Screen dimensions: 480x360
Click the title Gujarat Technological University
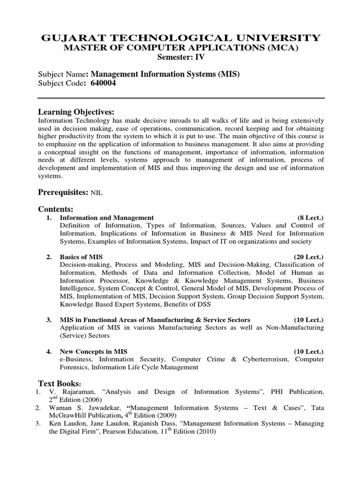(180, 37)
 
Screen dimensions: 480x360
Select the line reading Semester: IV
(180, 58)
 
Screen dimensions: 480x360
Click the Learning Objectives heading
(76, 112)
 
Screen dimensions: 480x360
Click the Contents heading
(55, 209)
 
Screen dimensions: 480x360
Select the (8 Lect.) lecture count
(310, 217)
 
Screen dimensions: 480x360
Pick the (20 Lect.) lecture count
(308, 257)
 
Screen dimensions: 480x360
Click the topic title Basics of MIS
(81, 257)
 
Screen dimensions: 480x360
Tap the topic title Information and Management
(106, 217)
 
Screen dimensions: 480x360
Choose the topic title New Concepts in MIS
(93, 351)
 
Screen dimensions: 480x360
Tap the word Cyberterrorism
(267, 359)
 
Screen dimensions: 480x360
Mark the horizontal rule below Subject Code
(180, 98)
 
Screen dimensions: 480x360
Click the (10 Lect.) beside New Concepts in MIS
(308, 351)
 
